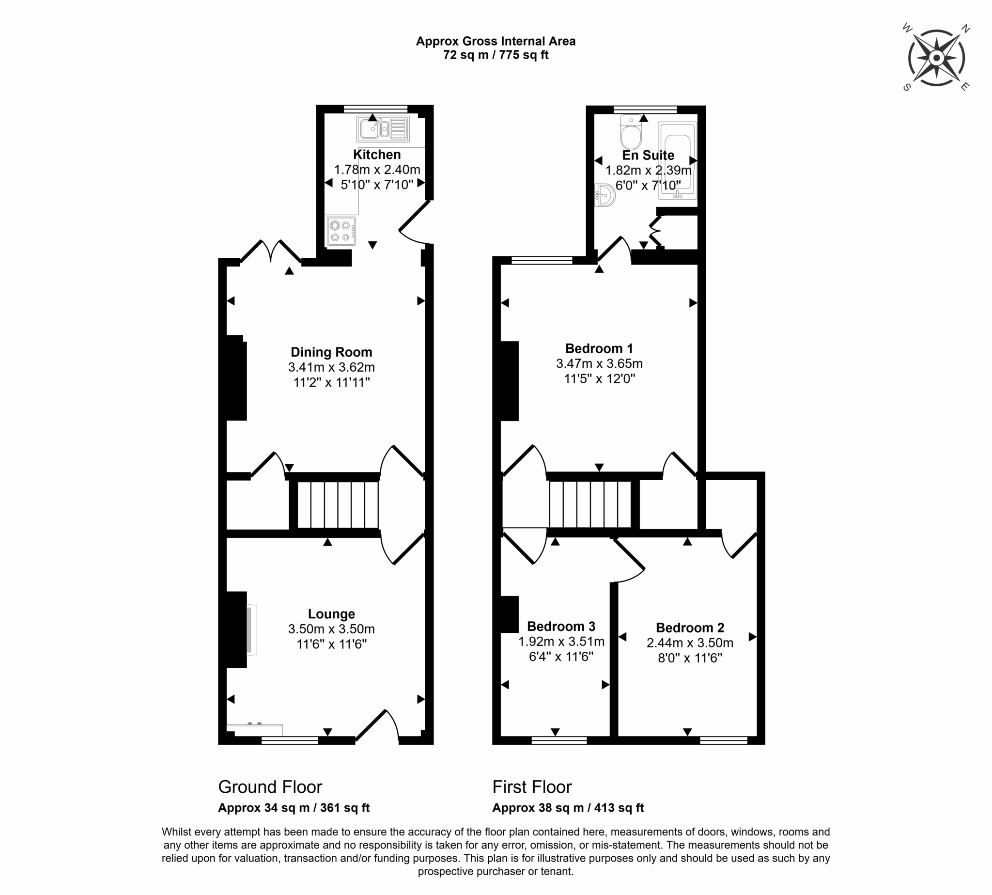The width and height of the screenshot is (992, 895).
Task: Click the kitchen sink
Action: [x=383, y=129]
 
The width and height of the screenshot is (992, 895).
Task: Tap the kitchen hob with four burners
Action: [x=341, y=231]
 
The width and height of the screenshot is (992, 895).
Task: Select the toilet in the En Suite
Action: [x=631, y=132]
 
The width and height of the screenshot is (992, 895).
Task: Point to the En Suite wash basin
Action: [x=604, y=195]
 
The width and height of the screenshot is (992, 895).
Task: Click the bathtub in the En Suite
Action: [x=677, y=160]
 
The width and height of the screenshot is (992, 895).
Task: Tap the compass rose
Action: [x=936, y=58]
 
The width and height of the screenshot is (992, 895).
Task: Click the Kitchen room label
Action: [x=377, y=155]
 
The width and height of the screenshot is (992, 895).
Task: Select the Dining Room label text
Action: [x=331, y=352]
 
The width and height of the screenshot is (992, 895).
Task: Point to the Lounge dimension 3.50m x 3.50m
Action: [x=331, y=629]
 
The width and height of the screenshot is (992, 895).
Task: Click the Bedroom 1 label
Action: [x=599, y=349]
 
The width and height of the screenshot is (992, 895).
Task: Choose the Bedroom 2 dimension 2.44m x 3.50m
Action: [x=690, y=643]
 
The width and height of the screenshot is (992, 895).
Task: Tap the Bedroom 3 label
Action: [x=561, y=627]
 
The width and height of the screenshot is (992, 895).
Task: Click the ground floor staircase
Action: [x=338, y=504]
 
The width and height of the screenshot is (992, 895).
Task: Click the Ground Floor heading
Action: [x=270, y=787]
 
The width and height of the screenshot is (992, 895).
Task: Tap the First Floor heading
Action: [x=532, y=787]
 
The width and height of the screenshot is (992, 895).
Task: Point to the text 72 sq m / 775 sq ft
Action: [x=496, y=55]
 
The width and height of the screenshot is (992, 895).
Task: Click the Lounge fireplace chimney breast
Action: [x=237, y=629]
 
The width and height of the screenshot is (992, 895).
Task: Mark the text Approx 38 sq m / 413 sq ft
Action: [x=568, y=808]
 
